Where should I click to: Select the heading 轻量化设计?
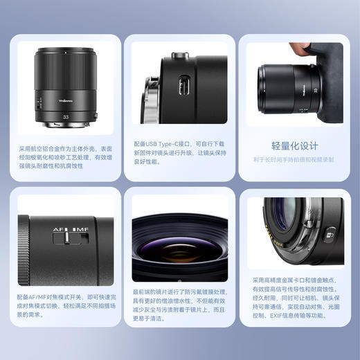pyautogui.click(x=294, y=146)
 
